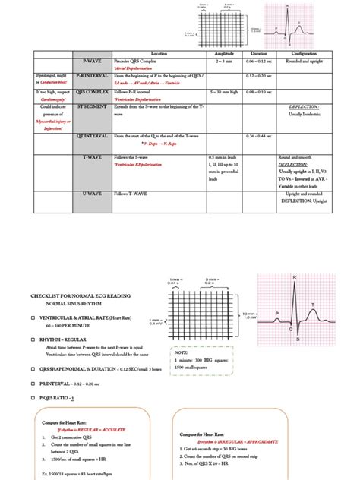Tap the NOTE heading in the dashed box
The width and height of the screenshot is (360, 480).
pyautogui.click(x=181, y=352)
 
